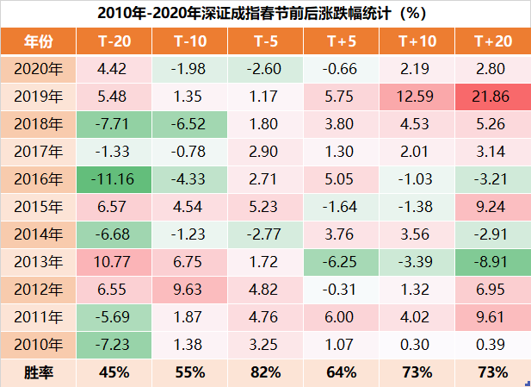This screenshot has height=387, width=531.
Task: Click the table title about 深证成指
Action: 265,13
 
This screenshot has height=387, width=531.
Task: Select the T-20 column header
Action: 114,41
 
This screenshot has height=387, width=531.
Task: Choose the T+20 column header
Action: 491,41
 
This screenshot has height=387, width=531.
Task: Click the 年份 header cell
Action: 39,41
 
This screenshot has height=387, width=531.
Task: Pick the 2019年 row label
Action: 39,96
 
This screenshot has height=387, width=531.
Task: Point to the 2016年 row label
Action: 39,179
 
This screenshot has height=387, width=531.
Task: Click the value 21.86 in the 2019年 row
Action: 491,96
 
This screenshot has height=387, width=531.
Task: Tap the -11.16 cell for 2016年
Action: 114,179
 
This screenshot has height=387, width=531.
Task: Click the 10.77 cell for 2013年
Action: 114,262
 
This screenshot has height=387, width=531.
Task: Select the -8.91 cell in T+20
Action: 491,262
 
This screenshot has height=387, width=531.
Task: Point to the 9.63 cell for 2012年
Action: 189,290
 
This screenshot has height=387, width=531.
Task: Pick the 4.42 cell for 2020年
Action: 114,68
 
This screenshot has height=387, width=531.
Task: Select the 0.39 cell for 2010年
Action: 491,345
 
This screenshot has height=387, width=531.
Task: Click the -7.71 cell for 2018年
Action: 114,123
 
